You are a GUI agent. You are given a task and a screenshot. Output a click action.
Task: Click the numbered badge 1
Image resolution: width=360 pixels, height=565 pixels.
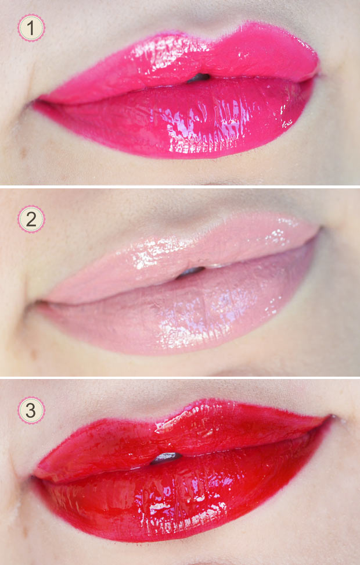point(31,28)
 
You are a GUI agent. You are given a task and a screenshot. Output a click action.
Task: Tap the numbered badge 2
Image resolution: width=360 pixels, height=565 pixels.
point(31,219)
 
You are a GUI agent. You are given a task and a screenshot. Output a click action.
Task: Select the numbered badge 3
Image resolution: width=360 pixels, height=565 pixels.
point(31,410)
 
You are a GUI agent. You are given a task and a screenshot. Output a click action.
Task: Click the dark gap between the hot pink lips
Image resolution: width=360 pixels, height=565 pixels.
point(198,77)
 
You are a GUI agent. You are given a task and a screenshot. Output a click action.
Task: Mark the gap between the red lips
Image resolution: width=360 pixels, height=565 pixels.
point(165,457)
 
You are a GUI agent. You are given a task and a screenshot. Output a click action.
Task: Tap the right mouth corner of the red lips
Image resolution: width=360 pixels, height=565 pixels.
point(331,418)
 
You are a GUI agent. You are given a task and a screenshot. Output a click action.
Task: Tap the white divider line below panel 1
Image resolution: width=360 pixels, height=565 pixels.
point(180,187)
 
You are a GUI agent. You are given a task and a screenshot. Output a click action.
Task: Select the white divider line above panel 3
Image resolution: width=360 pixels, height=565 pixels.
point(180,377)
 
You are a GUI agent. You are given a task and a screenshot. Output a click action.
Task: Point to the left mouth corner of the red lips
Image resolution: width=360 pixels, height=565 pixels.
point(34,477)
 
